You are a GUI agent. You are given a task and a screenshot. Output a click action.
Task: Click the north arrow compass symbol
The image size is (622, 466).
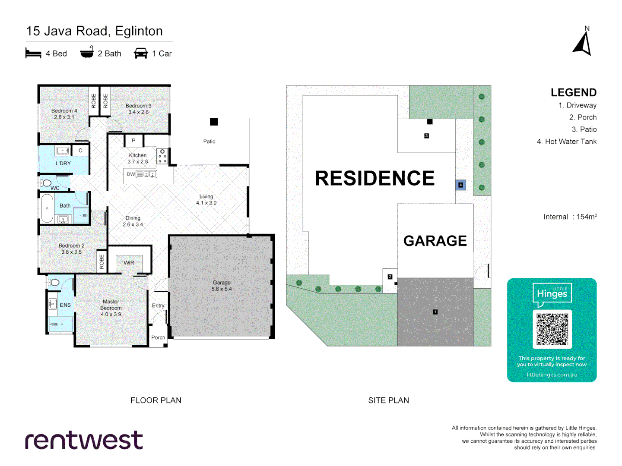(x=583, y=43)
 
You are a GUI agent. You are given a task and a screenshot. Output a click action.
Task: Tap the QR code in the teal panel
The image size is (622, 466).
(x=552, y=329)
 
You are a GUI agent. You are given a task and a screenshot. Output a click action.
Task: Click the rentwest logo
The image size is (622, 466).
(x=84, y=440)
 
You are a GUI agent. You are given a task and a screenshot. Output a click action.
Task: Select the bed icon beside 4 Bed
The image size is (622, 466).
(x=33, y=54)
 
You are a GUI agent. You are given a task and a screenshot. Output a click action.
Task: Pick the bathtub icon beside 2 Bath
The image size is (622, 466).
(x=87, y=53)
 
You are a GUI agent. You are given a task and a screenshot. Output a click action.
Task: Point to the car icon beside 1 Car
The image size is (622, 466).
(x=141, y=54)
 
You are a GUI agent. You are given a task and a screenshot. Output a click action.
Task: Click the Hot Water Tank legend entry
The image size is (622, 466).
(x=566, y=142)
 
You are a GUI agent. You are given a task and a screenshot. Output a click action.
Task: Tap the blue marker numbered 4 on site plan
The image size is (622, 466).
(x=460, y=185)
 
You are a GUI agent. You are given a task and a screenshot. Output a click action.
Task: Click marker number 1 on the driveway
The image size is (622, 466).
(x=435, y=312)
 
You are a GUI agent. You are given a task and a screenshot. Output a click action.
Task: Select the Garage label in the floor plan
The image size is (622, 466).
(x=222, y=283)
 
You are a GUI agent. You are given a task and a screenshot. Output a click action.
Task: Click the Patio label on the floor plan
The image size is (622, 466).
(x=209, y=142)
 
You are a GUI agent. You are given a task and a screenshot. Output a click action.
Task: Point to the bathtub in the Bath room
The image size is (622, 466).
(x=47, y=208)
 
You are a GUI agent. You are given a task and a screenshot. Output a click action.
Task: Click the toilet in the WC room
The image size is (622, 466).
(x=46, y=183)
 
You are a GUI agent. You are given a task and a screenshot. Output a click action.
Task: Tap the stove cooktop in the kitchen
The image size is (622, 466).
(x=162, y=156)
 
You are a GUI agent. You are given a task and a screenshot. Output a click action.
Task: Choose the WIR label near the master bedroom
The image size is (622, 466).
(x=129, y=263)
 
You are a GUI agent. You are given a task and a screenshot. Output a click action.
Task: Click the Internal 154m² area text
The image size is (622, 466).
(x=570, y=217)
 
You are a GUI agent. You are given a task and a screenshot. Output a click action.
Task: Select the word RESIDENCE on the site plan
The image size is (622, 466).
(x=374, y=178)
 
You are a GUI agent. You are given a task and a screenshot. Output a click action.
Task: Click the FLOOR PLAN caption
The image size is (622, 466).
(x=156, y=400)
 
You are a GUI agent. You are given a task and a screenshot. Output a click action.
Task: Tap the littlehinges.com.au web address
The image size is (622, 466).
(x=552, y=375)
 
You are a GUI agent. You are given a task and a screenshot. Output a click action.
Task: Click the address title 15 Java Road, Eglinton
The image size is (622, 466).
(x=95, y=31)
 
